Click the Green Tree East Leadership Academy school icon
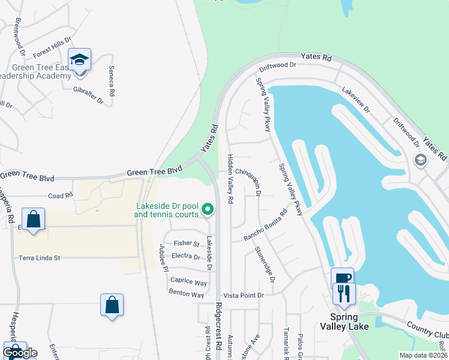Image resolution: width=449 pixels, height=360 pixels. pyautogui.click(x=79, y=59)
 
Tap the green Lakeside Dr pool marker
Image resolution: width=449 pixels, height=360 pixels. pyautogui.click(x=208, y=209)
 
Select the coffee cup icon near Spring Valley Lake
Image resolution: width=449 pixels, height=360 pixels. pyautogui.click(x=342, y=278)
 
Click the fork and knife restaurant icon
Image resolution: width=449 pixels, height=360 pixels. pyautogui.click(x=345, y=293)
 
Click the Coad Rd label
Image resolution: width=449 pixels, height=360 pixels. pyautogui.click(x=60, y=196)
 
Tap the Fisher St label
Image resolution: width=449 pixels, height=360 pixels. pyautogui.click(x=186, y=244)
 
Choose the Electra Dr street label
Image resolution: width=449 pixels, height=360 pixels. pyautogui.click(x=185, y=256)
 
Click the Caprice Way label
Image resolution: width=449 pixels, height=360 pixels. pyautogui.click(x=188, y=282)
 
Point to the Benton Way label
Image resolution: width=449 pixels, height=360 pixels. pyautogui.click(x=187, y=295)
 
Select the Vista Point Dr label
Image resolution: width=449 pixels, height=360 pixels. pyautogui.click(x=244, y=295)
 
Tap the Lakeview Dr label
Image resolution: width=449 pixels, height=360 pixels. pyautogui.click(x=356, y=100)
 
